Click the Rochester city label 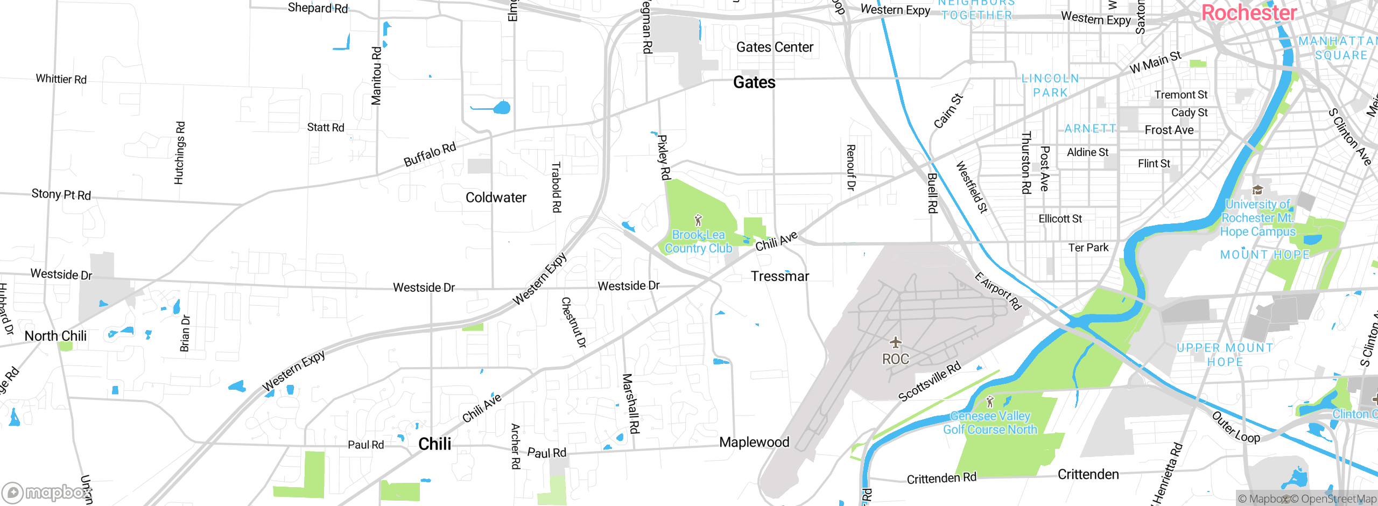(x=1249, y=13)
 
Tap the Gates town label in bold (x=754, y=82)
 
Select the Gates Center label (x=774, y=47)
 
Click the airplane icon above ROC (x=895, y=342)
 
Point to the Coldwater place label (x=496, y=198)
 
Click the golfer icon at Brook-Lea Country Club (x=698, y=220)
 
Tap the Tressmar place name (x=780, y=276)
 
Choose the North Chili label (x=55, y=336)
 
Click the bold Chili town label (x=435, y=444)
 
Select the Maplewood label (x=754, y=442)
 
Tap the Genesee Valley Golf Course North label (x=990, y=423)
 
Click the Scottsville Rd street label (x=930, y=382)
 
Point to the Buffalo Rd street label (x=430, y=154)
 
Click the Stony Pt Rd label (x=61, y=194)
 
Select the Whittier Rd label (x=61, y=79)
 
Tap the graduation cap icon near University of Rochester (x=1257, y=189)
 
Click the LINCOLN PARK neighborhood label (x=1050, y=86)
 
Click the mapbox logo (x=46, y=492)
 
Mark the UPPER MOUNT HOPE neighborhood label (x=1225, y=355)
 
